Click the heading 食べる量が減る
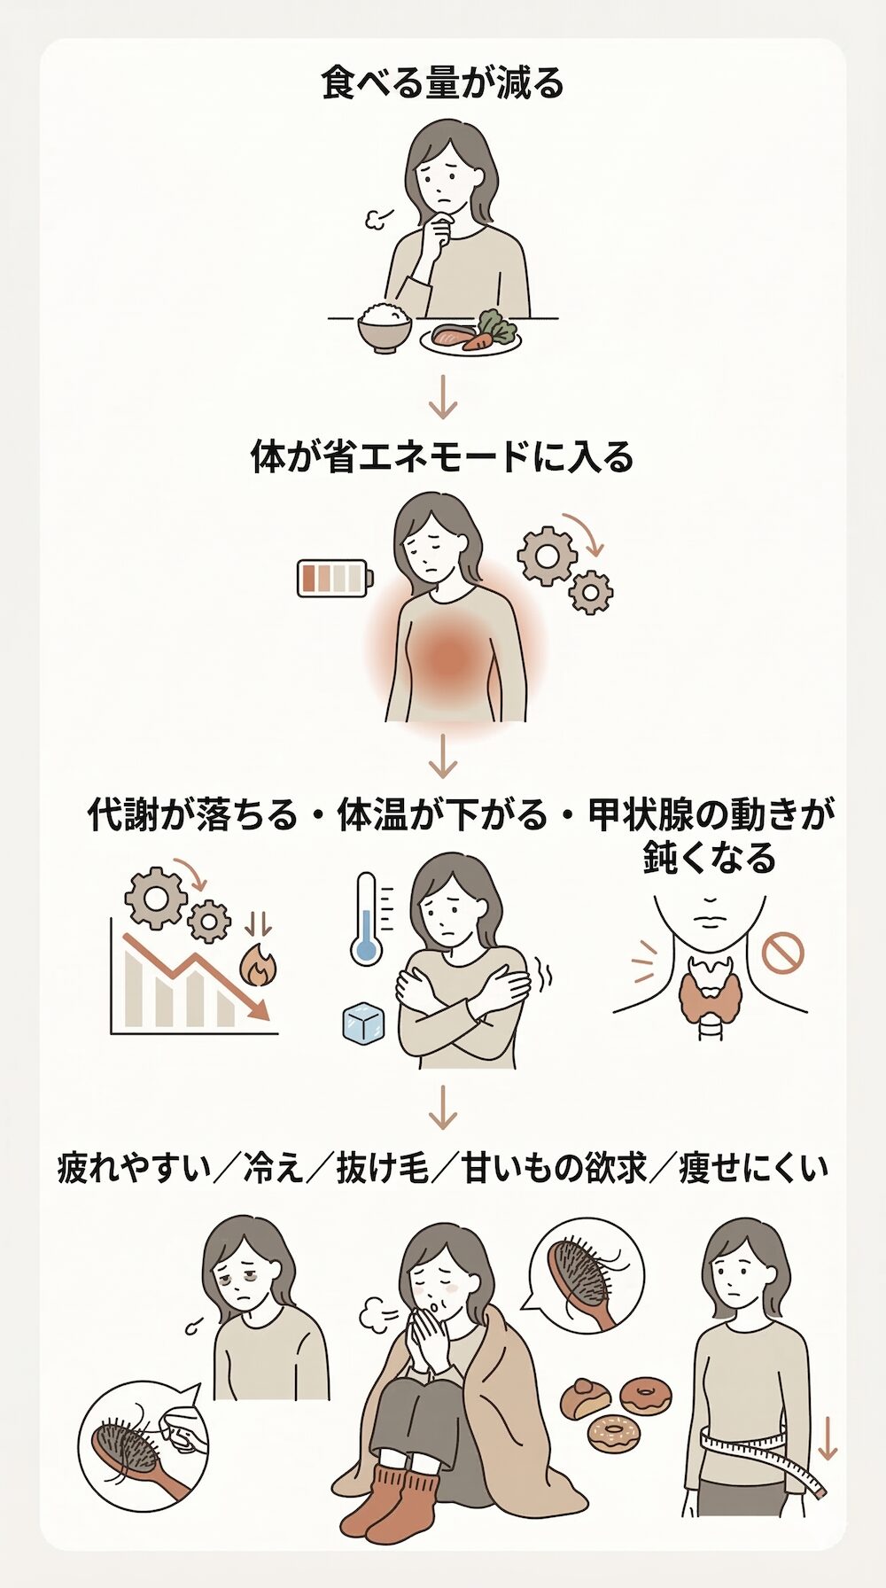442,84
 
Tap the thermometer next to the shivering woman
365,918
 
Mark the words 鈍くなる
710,857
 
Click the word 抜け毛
383,1168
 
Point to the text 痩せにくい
754,1168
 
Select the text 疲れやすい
135,1168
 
